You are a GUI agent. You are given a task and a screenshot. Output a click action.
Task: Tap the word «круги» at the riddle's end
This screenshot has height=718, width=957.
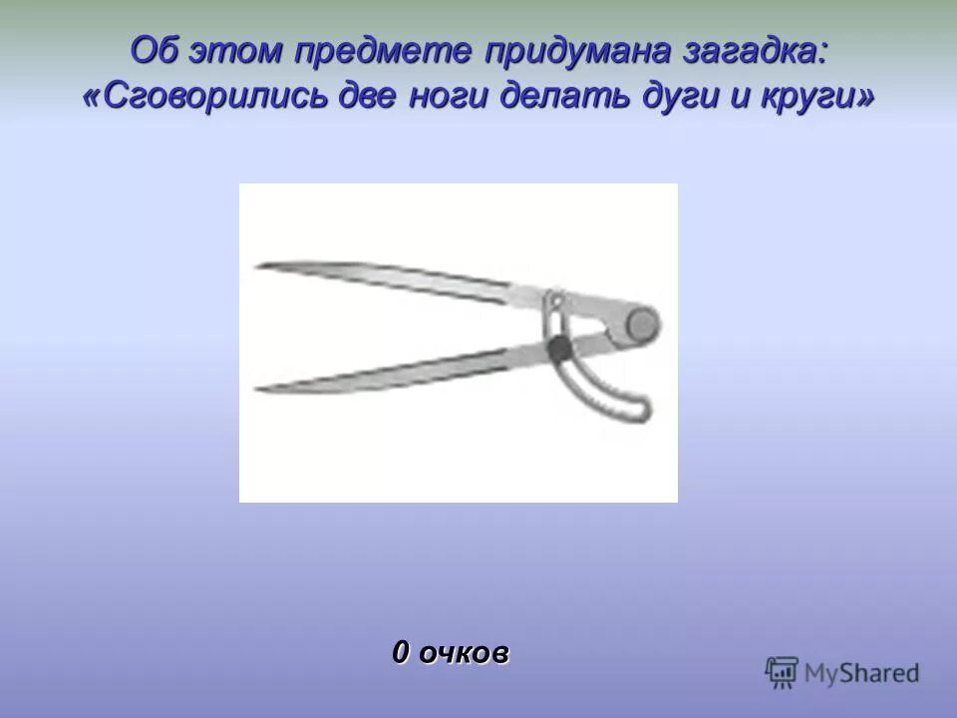pos(819,96)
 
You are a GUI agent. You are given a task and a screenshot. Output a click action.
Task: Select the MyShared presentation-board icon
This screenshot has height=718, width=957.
pos(782,673)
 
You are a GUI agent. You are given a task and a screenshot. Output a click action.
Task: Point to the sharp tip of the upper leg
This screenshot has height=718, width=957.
pos(258,265)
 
